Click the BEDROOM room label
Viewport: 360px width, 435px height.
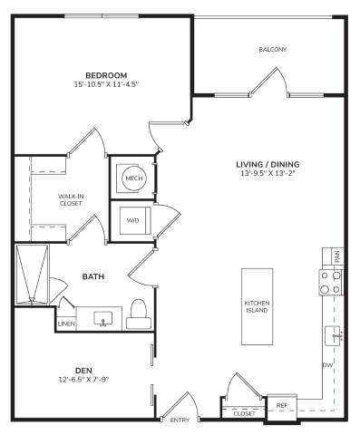coord(106,75)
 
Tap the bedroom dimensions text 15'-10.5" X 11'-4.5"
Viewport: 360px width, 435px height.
coord(106,84)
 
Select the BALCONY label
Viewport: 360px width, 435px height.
coord(272,49)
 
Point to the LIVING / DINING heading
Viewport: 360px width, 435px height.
coord(268,164)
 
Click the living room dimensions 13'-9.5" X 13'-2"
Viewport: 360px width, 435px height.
coord(268,173)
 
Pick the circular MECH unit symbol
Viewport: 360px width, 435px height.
coord(134,179)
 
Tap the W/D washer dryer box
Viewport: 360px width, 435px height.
coord(135,220)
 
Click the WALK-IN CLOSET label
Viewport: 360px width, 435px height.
coord(71,200)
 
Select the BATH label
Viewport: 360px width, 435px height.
coord(93,276)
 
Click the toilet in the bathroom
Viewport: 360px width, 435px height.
coord(139,314)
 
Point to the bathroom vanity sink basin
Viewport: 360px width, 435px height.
coord(102,319)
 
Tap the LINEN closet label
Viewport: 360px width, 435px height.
coord(66,324)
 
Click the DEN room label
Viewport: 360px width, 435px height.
coord(83,371)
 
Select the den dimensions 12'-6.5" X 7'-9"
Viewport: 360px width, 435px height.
coord(83,380)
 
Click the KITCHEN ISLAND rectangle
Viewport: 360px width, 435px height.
coord(257,306)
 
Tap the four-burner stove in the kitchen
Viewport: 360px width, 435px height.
coord(331,283)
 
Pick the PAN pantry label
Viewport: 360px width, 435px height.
coord(337,256)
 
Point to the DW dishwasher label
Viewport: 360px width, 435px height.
coord(327,365)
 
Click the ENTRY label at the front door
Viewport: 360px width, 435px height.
coord(180,420)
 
